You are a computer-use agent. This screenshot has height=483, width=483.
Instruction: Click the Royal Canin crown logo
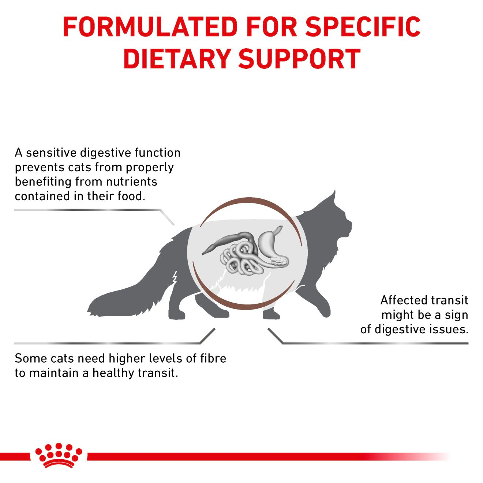(59, 455)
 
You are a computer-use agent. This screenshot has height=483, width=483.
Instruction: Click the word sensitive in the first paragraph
(51, 153)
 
